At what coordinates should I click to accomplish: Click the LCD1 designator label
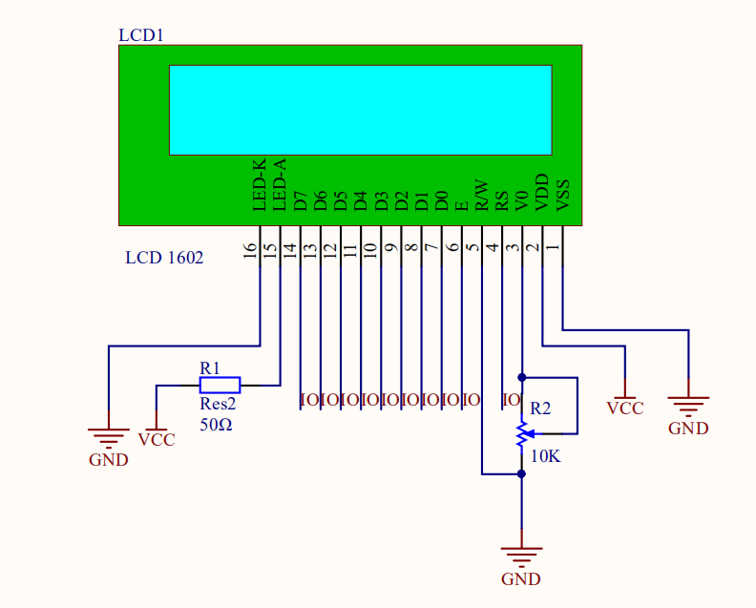(x=141, y=35)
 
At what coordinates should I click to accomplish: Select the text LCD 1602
(x=164, y=258)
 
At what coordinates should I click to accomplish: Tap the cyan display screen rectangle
(x=360, y=110)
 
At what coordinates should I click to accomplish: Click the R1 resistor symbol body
(x=220, y=385)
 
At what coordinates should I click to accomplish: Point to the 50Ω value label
(x=216, y=424)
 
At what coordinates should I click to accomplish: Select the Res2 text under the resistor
(x=218, y=405)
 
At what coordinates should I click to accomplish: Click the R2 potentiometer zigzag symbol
(x=521, y=433)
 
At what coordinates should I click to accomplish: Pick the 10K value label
(x=545, y=457)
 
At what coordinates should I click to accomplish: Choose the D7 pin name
(x=301, y=200)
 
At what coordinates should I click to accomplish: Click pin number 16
(x=250, y=250)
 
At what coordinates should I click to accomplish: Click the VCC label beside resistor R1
(x=157, y=440)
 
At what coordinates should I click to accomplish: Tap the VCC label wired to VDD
(x=625, y=408)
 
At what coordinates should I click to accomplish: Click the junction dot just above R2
(x=522, y=377)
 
